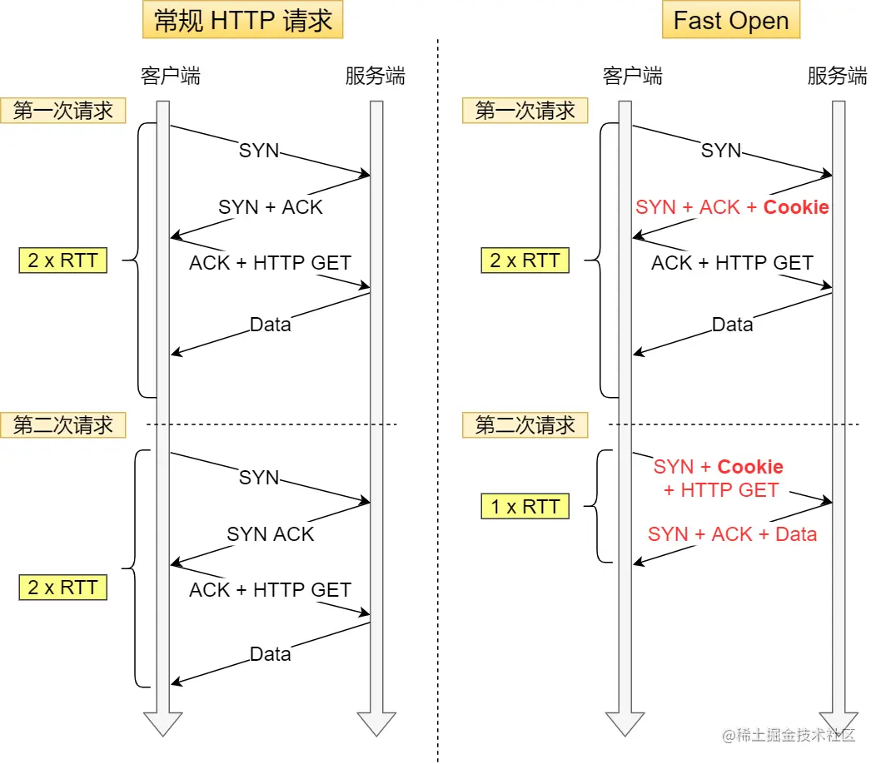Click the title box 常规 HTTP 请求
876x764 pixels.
[242, 21]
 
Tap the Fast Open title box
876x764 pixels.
[730, 21]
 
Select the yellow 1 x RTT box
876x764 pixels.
[525, 506]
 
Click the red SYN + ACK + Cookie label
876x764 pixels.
[732, 207]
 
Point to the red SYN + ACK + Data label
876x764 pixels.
[732, 534]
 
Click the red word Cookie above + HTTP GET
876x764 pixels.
[750, 467]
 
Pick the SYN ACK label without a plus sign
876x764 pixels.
[271, 534]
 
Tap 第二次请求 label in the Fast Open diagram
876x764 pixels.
[525, 425]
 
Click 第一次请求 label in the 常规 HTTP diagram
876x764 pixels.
[63, 111]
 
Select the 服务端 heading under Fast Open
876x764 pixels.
[837, 77]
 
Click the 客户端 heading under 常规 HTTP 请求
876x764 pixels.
[171, 77]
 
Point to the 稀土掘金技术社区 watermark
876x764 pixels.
[788, 735]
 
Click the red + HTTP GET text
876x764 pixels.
[721, 490]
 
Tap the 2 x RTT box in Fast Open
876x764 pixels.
[525, 261]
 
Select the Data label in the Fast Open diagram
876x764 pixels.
[732, 325]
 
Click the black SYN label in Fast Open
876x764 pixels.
[721, 151]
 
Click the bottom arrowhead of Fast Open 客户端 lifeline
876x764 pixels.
[625, 724]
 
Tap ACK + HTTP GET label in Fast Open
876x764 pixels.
[732, 263]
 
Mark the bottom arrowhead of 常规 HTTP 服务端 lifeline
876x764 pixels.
[376, 724]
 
